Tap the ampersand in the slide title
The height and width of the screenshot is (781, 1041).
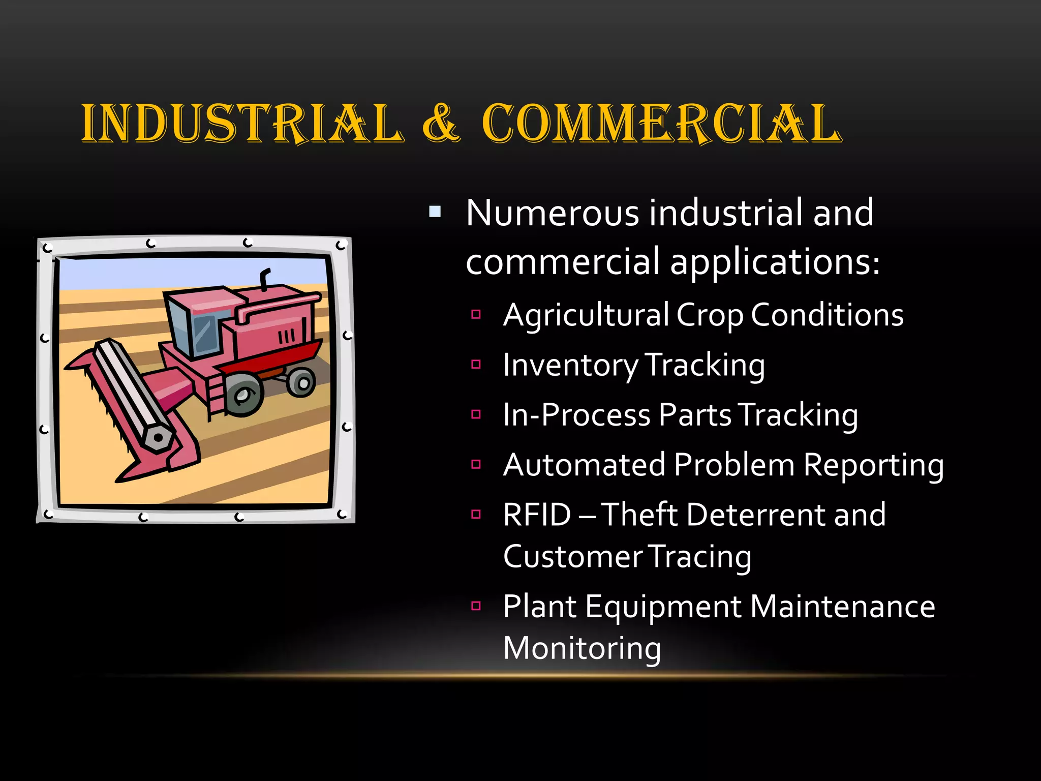tap(441, 123)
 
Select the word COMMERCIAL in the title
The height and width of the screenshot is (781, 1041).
tap(661, 123)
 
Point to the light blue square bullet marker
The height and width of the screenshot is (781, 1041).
tap(435, 211)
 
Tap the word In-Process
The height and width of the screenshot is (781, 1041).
tap(576, 415)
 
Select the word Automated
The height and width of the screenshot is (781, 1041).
tap(585, 465)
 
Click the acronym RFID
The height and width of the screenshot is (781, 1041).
tap(537, 515)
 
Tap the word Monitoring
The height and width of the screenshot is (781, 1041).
tap(582, 648)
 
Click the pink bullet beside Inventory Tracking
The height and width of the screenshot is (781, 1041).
tap(476, 364)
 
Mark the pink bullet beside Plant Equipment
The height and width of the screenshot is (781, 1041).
tap(476, 606)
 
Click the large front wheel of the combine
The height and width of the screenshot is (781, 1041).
tap(244, 394)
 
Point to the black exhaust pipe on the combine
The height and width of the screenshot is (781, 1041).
tap(264, 279)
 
